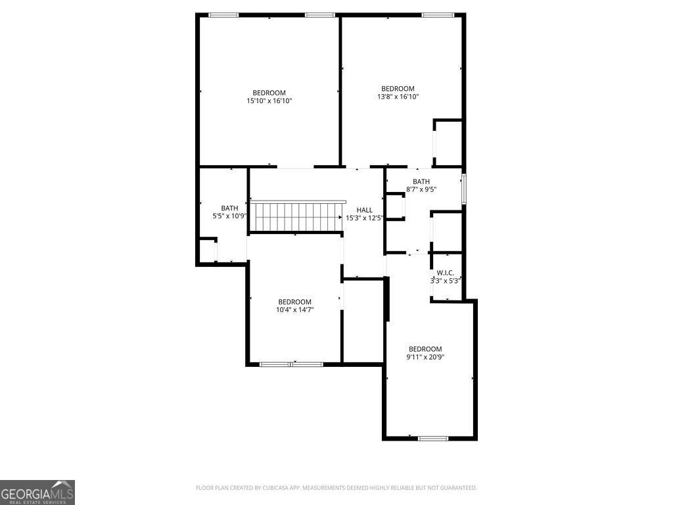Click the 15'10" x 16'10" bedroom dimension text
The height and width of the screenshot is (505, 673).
(x=269, y=101)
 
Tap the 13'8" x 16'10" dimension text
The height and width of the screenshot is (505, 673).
(x=398, y=97)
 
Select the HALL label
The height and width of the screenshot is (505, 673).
(x=364, y=210)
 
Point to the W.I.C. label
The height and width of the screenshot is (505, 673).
(x=445, y=273)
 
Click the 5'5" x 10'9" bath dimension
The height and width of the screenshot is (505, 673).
(x=229, y=216)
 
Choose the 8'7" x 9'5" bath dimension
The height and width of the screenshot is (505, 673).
(x=421, y=189)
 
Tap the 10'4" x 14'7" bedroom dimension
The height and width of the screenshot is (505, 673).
(x=295, y=310)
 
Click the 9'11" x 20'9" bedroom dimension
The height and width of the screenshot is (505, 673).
(x=425, y=357)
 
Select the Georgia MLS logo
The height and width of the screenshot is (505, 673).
(x=37, y=493)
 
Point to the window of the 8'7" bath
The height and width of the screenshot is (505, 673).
(x=464, y=189)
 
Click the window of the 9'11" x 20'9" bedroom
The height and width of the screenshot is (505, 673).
(x=433, y=439)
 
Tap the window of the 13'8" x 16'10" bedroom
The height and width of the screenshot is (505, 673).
(x=437, y=15)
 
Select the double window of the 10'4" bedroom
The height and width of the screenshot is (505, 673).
(x=291, y=364)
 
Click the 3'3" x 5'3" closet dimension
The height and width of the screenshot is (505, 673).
(x=445, y=281)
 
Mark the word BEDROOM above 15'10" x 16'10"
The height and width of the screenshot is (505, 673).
(x=269, y=93)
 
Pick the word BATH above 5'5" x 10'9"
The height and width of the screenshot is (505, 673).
(x=229, y=208)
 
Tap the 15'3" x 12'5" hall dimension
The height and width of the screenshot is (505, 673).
(x=364, y=218)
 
